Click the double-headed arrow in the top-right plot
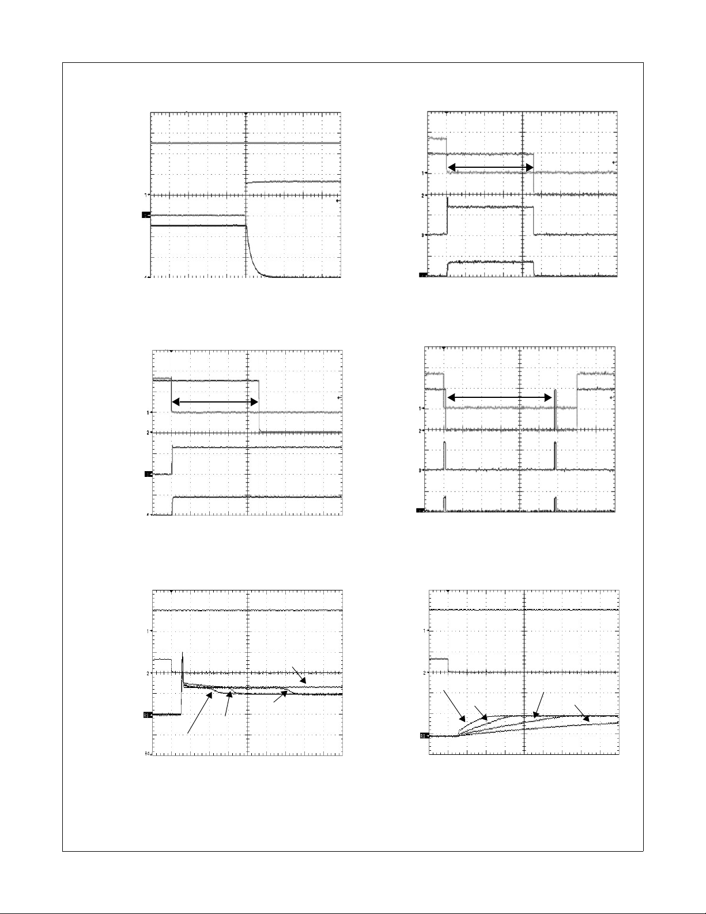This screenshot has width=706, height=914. (x=490, y=167)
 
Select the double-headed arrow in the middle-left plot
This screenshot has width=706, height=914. (x=214, y=402)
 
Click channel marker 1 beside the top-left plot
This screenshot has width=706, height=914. (x=146, y=195)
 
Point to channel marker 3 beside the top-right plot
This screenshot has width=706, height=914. (x=422, y=235)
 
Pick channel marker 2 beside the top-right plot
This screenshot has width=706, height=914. (x=422, y=195)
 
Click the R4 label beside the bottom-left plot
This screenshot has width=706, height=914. (x=148, y=753)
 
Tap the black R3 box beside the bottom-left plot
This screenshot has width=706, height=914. (x=146, y=715)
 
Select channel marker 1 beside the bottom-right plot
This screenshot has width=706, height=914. (x=425, y=631)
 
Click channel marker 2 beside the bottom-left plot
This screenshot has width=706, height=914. (x=148, y=673)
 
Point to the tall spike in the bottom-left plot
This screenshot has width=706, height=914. (x=183, y=663)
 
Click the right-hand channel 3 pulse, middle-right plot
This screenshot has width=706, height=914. (x=554, y=456)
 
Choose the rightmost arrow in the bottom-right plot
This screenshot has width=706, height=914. (x=582, y=713)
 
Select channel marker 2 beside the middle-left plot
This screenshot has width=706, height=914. (x=148, y=432)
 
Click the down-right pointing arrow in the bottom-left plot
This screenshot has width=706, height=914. (x=299, y=676)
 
